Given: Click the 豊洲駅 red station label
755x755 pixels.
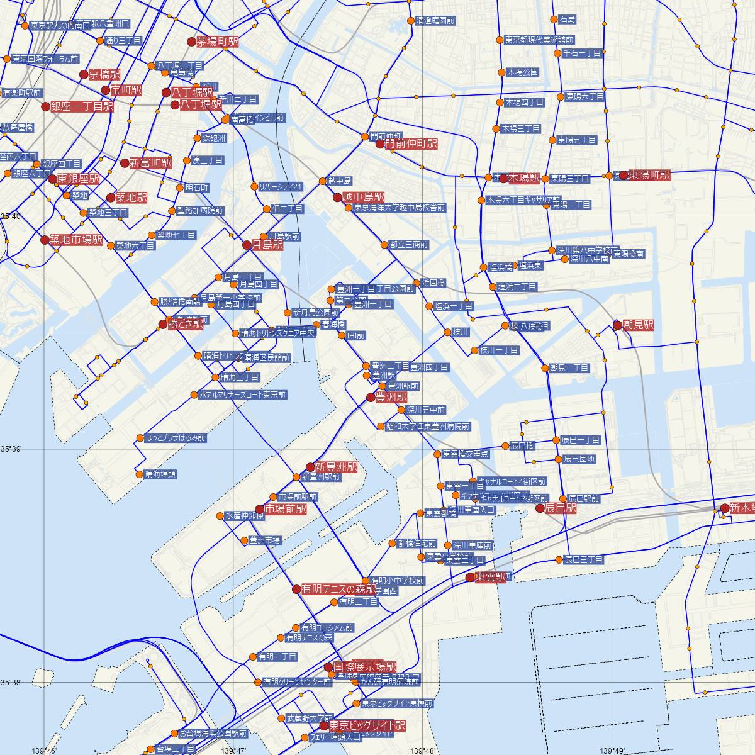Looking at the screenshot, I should (x=391, y=398).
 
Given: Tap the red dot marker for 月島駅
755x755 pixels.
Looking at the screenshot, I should (x=247, y=245).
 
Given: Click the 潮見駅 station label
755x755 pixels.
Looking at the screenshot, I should (x=638, y=325).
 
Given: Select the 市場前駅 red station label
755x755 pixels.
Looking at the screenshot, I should (x=286, y=509).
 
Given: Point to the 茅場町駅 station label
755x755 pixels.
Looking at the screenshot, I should (x=218, y=42).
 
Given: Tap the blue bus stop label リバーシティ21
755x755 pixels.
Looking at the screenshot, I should (x=281, y=187).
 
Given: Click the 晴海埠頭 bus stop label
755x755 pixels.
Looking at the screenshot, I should (x=160, y=474).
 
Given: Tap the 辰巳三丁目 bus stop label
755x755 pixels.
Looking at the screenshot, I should (x=584, y=560).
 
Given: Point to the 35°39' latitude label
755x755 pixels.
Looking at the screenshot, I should (x=11, y=449).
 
